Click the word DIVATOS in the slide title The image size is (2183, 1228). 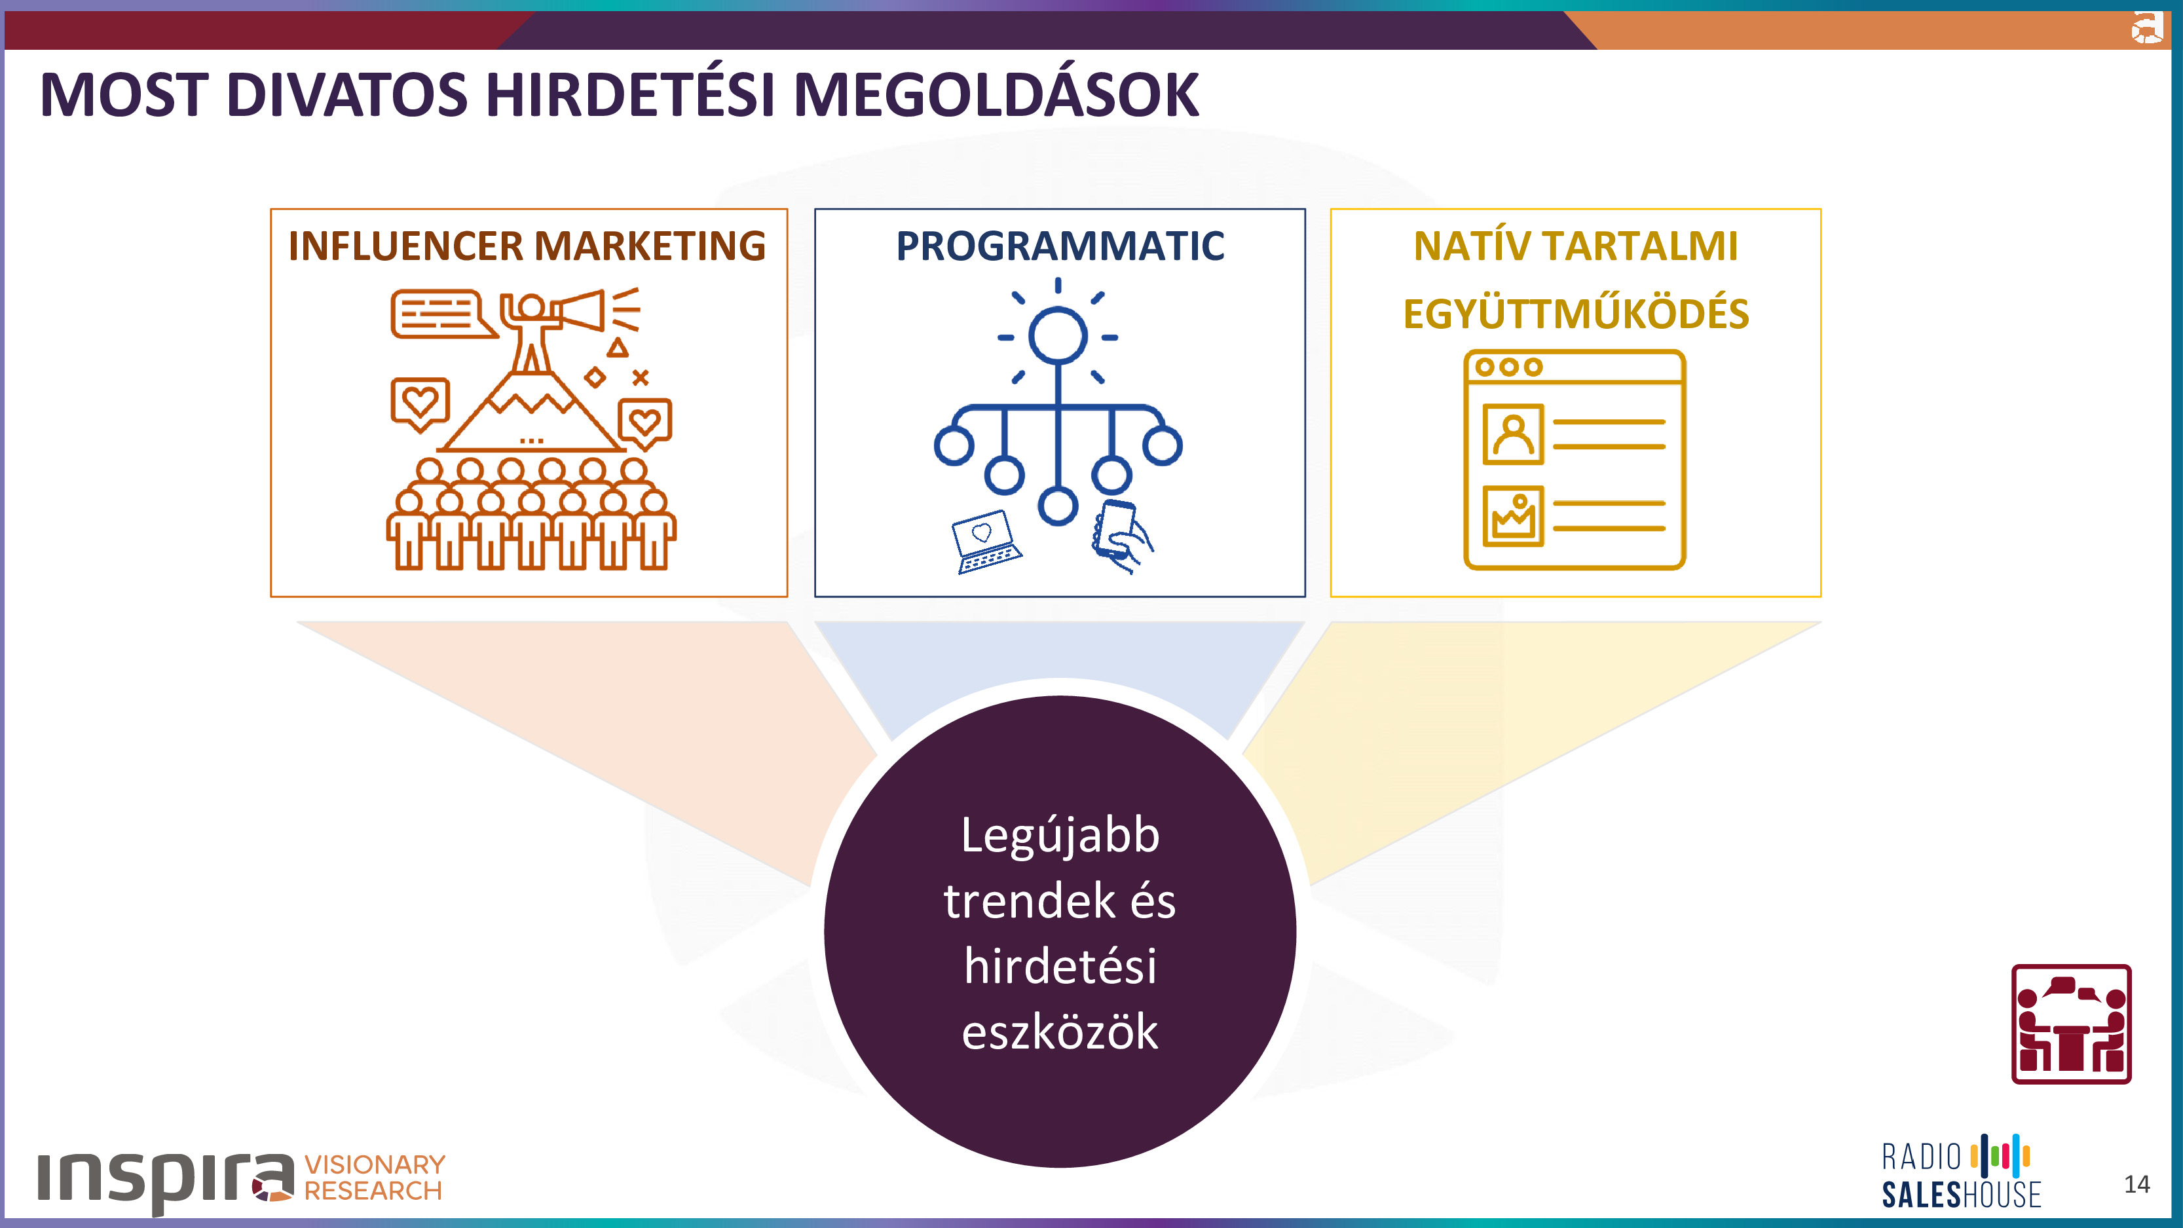pos(346,94)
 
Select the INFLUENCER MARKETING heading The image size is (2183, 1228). pos(527,246)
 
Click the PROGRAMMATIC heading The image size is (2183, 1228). pos(1060,246)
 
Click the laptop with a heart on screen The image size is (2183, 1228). pos(986,541)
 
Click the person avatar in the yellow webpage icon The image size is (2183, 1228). pos(1513,435)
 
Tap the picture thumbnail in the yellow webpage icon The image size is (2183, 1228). pos(1513,516)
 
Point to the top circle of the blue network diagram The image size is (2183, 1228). pos(1058,335)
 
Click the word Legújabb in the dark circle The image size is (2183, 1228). pos(1060,836)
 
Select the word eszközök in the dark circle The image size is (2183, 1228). pos(1060,1032)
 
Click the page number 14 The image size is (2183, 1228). pos(2136,1184)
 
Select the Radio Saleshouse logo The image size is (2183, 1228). pos(1961,1172)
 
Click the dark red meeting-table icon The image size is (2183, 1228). pos(2071,1024)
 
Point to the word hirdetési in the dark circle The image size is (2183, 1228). pos(1060,966)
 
